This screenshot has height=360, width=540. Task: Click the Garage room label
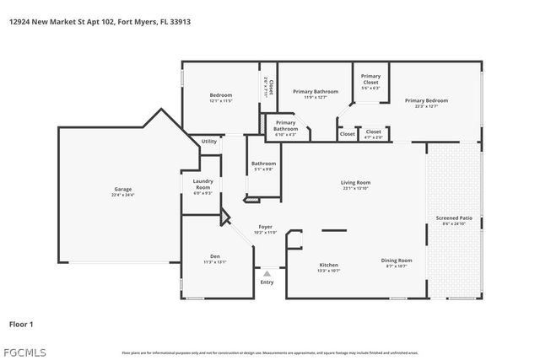(122, 189)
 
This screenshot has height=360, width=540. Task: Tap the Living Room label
(356, 182)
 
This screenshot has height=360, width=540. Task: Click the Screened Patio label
(454, 218)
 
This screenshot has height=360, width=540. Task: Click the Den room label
(214, 256)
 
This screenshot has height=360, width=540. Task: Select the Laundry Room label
(202, 183)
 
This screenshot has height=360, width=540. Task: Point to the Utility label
(208, 141)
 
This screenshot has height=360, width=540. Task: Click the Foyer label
(264, 228)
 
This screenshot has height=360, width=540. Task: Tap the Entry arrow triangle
(267, 273)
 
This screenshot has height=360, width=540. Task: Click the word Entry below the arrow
(267, 282)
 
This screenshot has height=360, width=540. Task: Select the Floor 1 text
(22, 322)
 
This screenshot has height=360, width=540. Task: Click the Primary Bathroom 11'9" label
(315, 91)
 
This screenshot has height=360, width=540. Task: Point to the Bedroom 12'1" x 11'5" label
(220, 95)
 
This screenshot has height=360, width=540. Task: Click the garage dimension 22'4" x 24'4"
(122, 195)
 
